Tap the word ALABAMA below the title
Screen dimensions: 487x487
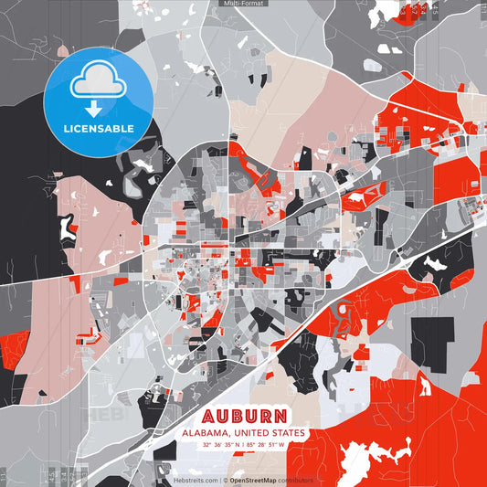pyautogui.click(x=206, y=432)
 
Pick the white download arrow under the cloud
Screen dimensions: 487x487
pyautogui.click(x=95, y=107)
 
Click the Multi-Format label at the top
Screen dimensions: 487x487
pyautogui.click(x=244, y=4)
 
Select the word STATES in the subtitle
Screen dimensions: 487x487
pyautogui.click(x=289, y=432)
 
